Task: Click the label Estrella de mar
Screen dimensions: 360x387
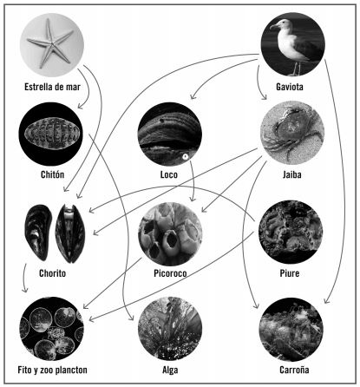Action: (x=52, y=87)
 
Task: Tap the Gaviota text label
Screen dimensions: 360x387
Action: (x=290, y=87)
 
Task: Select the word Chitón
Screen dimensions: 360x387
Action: (x=52, y=174)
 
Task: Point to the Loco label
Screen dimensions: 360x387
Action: (x=169, y=174)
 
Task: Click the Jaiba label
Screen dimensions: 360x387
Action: (x=292, y=174)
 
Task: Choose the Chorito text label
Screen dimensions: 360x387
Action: (x=52, y=273)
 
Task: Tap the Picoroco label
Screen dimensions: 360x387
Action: (x=170, y=273)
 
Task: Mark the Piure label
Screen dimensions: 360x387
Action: (x=290, y=273)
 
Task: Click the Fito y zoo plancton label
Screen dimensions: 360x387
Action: (x=52, y=370)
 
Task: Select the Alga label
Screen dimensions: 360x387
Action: (x=170, y=370)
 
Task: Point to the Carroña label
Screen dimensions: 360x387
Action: (x=294, y=370)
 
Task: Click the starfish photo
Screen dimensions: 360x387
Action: (x=52, y=45)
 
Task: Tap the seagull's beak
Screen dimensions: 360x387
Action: (x=273, y=27)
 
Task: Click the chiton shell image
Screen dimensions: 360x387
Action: (x=50, y=134)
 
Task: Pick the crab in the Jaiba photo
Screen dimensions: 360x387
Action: (x=291, y=132)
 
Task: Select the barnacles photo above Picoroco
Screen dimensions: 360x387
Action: (x=170, y=233)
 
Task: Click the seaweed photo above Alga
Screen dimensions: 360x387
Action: (x=170, y=329)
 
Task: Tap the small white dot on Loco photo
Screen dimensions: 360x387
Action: (x=185, y=156)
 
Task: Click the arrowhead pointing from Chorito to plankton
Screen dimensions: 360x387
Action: (x=25, y=289)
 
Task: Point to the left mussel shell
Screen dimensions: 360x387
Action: (x=38, y=232)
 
